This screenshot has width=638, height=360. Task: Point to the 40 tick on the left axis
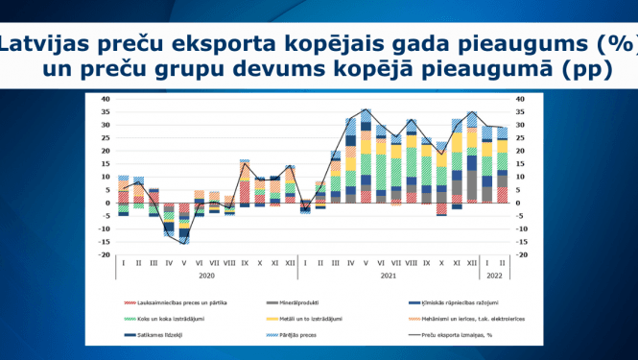[106, 99]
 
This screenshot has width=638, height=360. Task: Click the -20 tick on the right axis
[521, 255]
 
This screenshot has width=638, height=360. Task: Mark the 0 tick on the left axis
[107, 204]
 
